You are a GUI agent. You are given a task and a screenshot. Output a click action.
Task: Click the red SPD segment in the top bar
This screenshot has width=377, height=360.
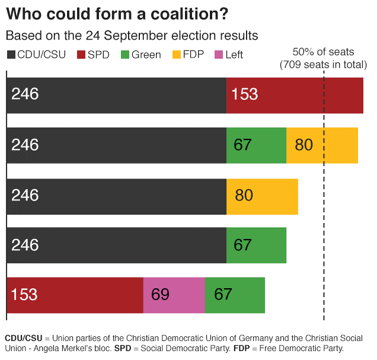pos(295,95)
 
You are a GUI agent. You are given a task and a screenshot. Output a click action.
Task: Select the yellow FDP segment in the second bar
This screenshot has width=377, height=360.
pos(322,145)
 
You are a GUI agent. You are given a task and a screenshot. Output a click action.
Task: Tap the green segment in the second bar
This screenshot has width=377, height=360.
pos(256,145)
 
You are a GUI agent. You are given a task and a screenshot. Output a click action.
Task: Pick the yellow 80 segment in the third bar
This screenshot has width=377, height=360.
pos(262,195)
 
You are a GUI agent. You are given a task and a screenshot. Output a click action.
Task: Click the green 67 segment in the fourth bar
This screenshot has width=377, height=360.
pos(256,245)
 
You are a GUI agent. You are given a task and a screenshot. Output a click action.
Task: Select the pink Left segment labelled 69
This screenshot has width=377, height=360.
pos(174,295)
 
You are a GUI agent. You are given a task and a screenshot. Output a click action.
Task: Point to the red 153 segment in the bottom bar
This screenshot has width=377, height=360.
pos(75,295)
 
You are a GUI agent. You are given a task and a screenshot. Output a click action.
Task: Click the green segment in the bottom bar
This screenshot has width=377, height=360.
pos(234,295)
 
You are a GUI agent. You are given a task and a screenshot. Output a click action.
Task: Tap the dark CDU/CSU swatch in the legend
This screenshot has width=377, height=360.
pos(11,55)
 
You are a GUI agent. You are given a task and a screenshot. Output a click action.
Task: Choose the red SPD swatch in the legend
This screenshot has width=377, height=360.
pos(82,55)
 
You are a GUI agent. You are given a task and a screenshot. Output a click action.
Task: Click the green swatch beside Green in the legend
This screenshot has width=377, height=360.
pos(124,55)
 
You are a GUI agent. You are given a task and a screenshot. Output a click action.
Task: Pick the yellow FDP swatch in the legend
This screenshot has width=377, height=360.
pos(177,55)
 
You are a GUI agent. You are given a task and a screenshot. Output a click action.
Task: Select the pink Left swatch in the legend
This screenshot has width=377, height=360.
pos(218,55)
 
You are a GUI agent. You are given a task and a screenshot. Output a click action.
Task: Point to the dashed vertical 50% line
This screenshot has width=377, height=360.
pos(324,178)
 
